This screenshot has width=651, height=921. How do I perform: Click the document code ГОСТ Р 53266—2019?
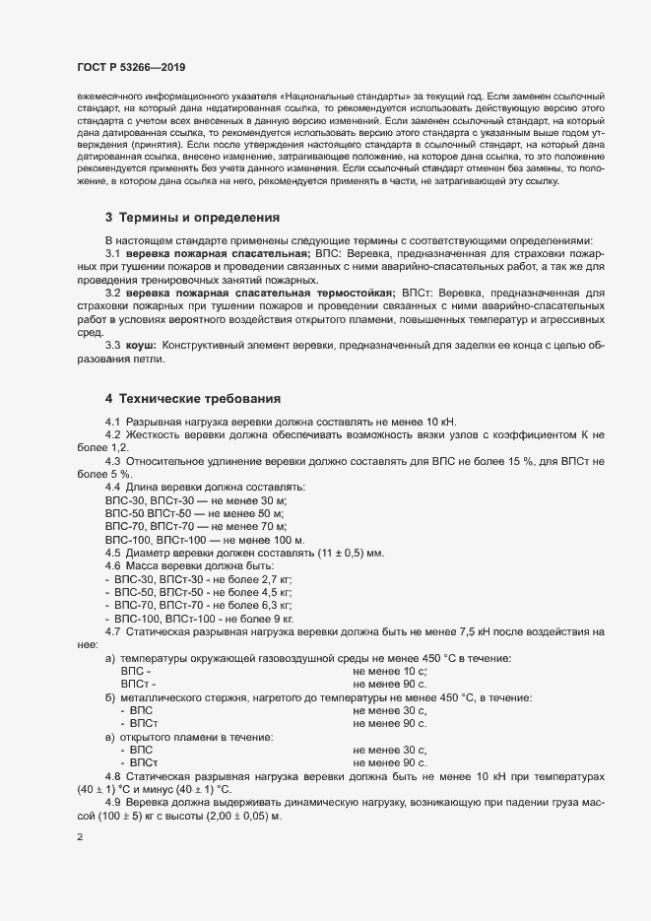(x=131, y=67)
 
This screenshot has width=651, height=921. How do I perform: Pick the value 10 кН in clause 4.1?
(x=435, y=423)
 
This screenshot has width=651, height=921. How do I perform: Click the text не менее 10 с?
(x=389, y=671)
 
